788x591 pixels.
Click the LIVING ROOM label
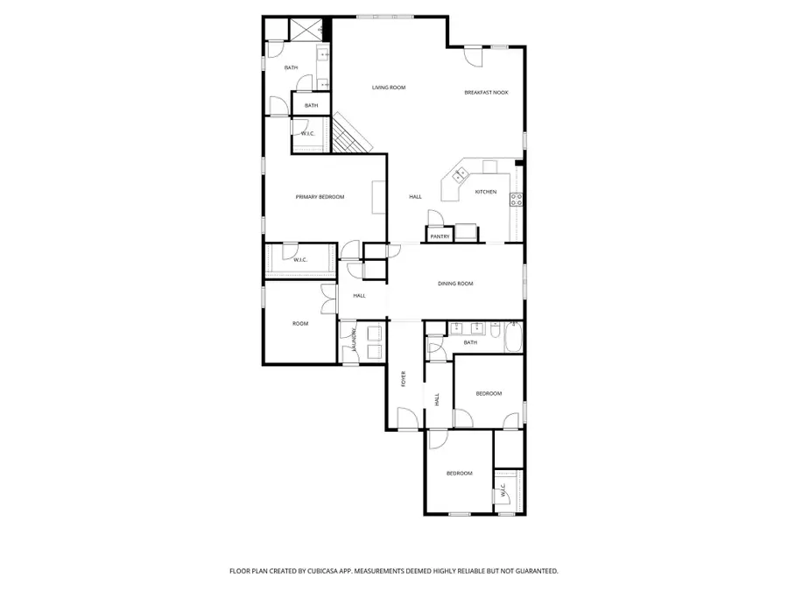(389, 88)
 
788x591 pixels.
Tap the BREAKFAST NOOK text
(486, 92)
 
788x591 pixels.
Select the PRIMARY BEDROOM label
(320, 197)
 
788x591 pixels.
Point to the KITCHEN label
(486, 192)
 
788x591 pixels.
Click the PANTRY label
(440, 236)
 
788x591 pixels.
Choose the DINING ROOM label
(455, 284)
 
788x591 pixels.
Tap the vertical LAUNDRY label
(354, 341)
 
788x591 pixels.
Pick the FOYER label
(404, 378)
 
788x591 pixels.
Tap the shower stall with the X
(306, 30)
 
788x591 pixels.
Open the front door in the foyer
(407, 419)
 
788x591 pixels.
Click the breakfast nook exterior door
(474, 55)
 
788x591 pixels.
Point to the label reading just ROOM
(300, 324)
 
